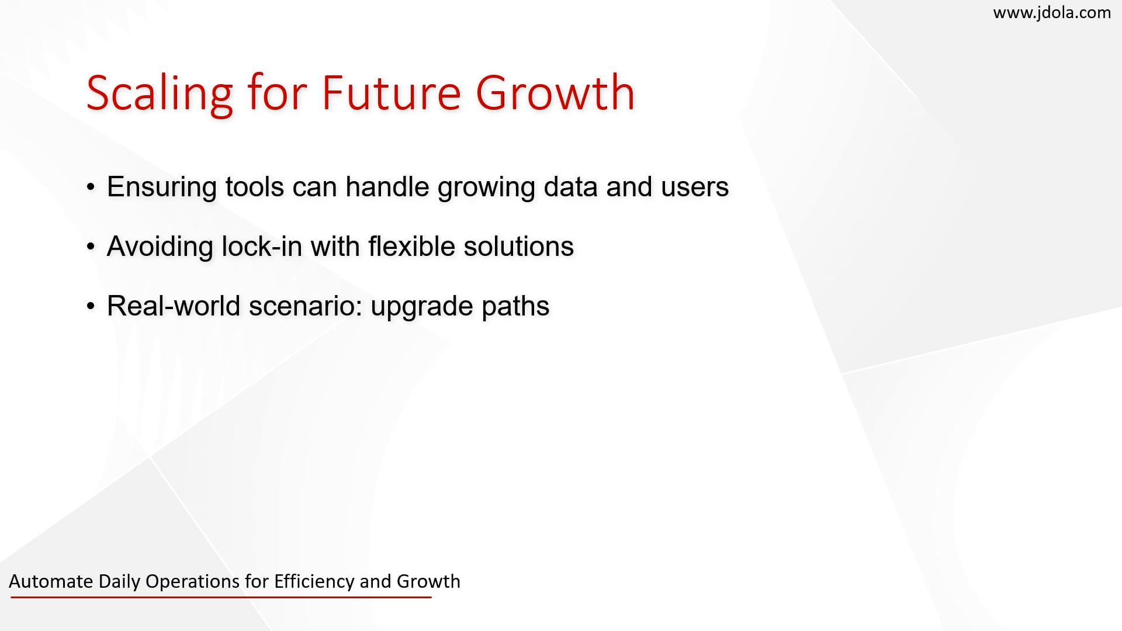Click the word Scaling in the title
point(160,93)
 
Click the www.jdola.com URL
point(1052,13)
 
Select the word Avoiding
point(160,247)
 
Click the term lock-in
point(261,246)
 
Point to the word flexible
point(411,246)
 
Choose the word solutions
point(519,246)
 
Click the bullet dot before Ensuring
point(91,188)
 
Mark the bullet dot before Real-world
point(91,307)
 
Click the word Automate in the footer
point(51,581)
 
